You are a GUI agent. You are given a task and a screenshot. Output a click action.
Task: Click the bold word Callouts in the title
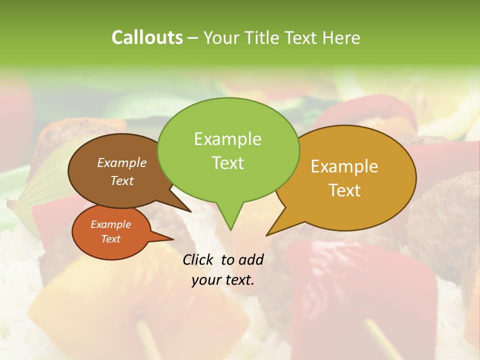tap(147, 37)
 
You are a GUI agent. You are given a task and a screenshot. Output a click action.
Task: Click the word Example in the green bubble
tap(227, 139)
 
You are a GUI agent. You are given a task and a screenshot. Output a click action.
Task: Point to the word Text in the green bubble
tap(227, 162)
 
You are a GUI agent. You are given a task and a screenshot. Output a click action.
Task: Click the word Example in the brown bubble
tap(122, 162)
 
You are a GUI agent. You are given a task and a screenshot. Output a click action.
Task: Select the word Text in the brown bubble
tap(122, 180)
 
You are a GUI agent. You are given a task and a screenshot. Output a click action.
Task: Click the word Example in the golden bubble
tap(344, 166)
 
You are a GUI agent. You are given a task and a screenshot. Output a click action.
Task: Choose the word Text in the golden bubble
tap(344, 190)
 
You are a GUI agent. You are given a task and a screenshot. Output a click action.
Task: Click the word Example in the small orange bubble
tap(110, 224)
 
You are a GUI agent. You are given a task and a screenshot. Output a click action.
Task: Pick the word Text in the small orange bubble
tap(110, 239)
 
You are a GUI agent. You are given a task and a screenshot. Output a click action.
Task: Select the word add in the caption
tap(251, 259)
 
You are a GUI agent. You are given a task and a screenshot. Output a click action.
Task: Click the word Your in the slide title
tap(222, 37)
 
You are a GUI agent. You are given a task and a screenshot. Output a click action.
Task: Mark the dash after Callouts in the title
tap(193, 38)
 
